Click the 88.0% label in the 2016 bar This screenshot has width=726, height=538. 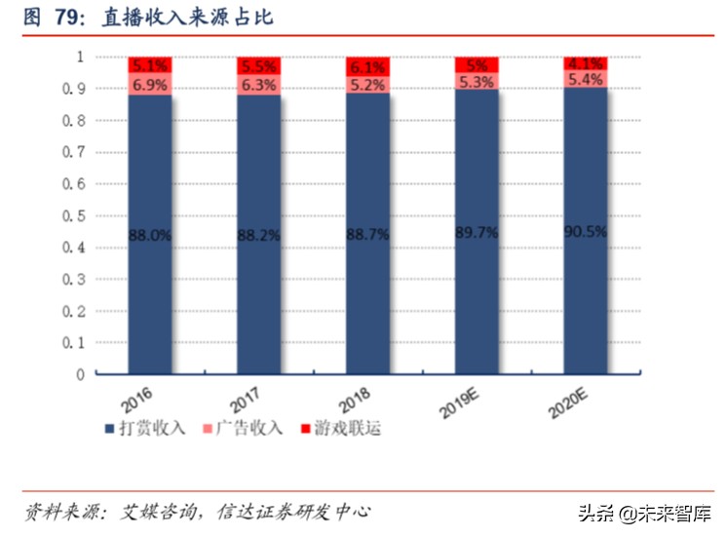point(150,235)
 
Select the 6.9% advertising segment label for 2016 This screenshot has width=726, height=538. point(150,85)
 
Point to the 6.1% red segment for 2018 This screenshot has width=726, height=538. point(368,67)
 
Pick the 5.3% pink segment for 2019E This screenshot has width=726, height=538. point(478,81)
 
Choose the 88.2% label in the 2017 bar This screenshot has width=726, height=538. point(259,235)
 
